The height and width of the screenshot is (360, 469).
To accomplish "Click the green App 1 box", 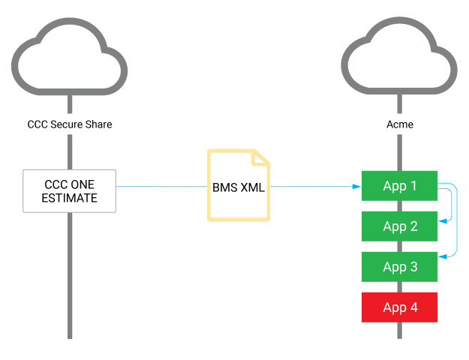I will pos(399,186).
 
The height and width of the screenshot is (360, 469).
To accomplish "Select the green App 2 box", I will pos(399,226).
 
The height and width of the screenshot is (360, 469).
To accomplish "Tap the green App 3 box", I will pos(399,267).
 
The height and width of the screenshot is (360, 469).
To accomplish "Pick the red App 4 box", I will pos(399,307).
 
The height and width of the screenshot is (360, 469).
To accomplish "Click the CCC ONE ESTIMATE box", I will pos(70,190).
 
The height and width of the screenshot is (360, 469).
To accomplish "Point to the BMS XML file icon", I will pos(239,186).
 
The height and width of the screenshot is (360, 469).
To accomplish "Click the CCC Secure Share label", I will pos(70,124).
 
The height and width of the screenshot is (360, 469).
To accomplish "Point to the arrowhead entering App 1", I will pos(358,187).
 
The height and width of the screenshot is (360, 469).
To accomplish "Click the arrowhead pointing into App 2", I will pos(442,220).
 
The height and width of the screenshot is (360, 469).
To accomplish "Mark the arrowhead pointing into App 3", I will pos(442,257).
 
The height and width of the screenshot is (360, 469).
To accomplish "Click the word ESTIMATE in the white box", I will pos(70,199).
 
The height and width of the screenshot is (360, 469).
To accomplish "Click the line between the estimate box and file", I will pos(161,187).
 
